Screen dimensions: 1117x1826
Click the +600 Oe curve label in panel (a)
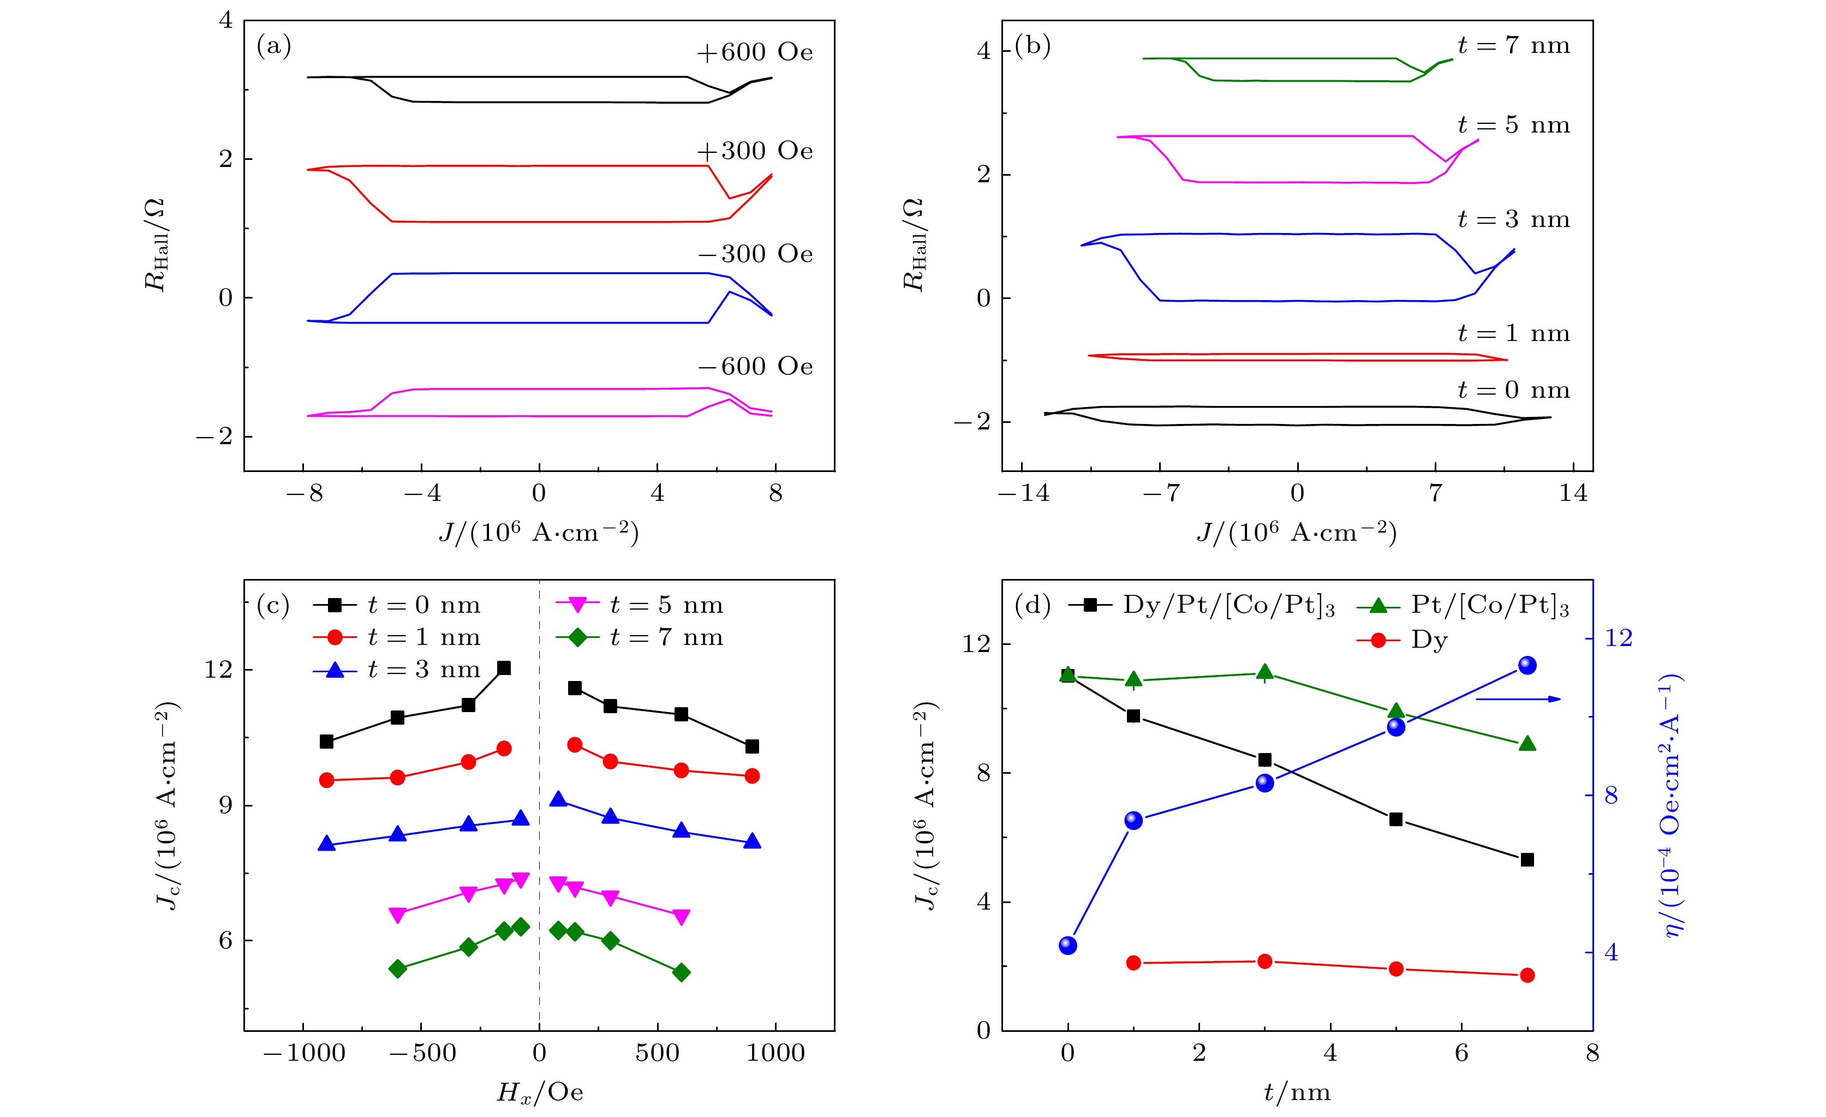tap(754, 52)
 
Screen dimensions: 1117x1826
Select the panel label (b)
tap(1033, 46)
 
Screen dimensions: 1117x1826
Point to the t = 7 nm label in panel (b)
tap(1513, 46)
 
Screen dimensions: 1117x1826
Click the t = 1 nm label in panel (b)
tap(1513, 333)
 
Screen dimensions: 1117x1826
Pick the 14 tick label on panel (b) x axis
tap(1573, 493)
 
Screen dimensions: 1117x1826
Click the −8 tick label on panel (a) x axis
tap(305, 493)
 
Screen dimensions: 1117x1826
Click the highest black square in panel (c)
tap(504, 668)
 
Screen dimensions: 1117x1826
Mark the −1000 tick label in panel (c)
tap(305, 1053)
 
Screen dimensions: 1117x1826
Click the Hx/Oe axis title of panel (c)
tap(540, 1092)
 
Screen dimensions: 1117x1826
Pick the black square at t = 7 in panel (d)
tap(1526, 860)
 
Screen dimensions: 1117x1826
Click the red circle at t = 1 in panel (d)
tap(1133, 963)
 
